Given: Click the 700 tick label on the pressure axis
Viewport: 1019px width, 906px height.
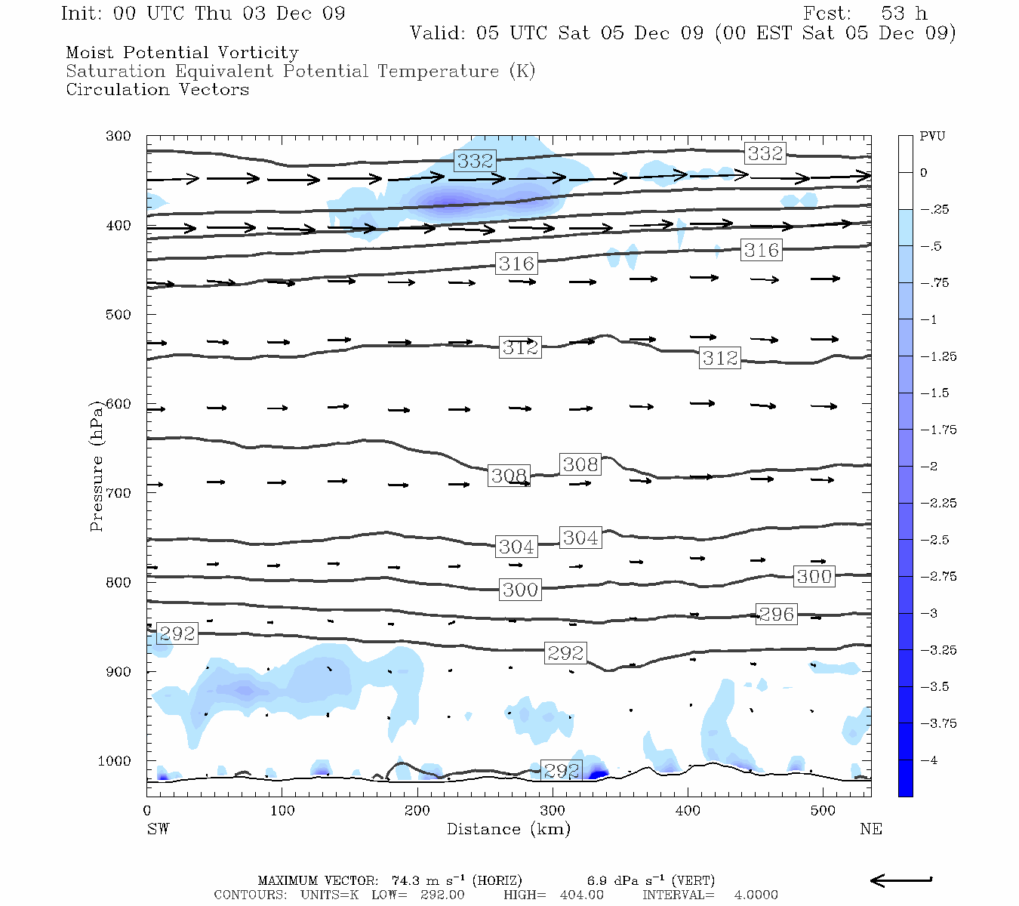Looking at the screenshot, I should tap(118, 493).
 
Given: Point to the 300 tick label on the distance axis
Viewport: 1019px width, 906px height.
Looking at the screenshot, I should tap(553, 810).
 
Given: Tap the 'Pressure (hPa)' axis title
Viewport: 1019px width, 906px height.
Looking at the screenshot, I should tap(96, 466).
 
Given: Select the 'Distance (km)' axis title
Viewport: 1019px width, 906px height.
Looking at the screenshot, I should tap(508, 829).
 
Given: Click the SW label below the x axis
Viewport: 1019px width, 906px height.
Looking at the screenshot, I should tap(158, 829).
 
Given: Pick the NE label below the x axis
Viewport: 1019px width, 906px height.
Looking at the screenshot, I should tap(870, 829).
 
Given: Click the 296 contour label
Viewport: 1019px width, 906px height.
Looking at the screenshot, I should tap(776, 615).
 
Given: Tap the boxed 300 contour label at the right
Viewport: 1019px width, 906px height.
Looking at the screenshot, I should tap(814, 577).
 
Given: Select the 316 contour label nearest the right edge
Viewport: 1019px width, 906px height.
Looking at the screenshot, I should tap(761, 251).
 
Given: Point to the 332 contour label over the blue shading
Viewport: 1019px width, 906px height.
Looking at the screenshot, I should tap(475, 161).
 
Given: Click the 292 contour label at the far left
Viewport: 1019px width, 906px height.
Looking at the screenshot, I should tap(177, 633).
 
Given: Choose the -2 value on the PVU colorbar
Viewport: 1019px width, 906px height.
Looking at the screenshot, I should tap(929, 467).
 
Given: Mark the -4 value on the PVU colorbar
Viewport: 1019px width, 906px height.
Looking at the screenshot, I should tap(929, 760).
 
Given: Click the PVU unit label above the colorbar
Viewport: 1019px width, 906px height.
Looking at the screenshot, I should tap(932, 137).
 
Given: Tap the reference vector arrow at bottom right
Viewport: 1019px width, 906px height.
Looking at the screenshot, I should tap(901, 880).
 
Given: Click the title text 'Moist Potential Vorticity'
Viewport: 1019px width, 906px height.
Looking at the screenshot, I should tap(182, 53).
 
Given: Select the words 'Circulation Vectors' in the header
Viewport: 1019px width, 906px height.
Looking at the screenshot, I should tap(157, 90).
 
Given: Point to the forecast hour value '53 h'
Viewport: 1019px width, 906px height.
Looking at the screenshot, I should tap(904, 14).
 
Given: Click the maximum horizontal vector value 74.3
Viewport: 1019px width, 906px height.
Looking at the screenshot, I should tap(407, 880).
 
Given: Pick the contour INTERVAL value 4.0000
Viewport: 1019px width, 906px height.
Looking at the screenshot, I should tap(756, 895).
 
